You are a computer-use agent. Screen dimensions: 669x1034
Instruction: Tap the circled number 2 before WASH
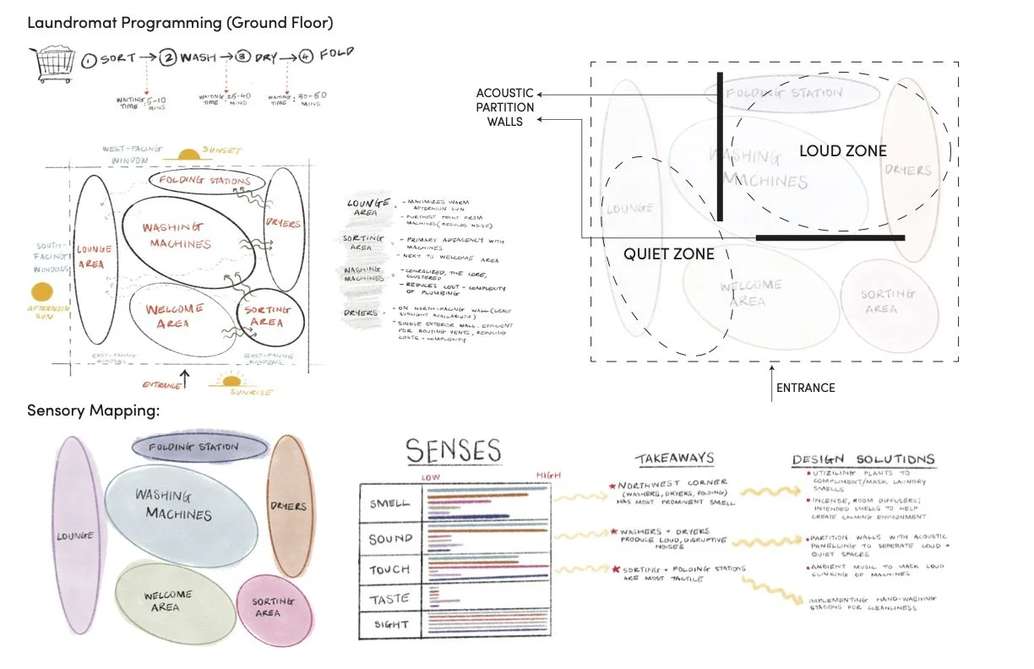pos(168,60)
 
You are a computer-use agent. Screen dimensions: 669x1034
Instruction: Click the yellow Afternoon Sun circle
pos(41,293)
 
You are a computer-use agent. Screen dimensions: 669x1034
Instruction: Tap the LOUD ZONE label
pos(842,151)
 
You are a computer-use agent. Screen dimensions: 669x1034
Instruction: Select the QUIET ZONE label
pos(669,253)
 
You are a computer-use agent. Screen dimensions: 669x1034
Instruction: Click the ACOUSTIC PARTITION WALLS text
pos(505,107)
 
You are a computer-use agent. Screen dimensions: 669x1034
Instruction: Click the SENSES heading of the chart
pos(453,451)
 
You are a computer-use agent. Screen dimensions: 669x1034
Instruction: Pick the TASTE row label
pos(389,599)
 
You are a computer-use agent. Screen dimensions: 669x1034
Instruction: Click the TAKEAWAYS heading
pos(674,459)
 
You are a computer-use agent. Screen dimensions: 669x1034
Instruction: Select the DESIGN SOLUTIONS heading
pos(863,460)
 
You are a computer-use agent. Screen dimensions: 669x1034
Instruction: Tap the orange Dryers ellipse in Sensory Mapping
pos(289,507)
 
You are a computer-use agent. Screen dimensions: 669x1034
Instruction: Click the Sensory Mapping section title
pos(94,411)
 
